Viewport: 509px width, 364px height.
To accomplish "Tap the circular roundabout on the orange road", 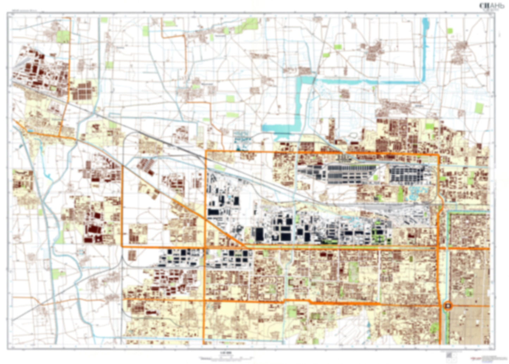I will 448,306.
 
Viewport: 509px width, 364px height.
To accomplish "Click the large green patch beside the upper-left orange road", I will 63,36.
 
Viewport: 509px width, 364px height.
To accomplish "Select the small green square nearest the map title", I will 449,31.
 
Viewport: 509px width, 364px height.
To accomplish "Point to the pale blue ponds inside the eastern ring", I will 418,192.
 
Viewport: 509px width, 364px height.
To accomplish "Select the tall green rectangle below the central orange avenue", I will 353,272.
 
